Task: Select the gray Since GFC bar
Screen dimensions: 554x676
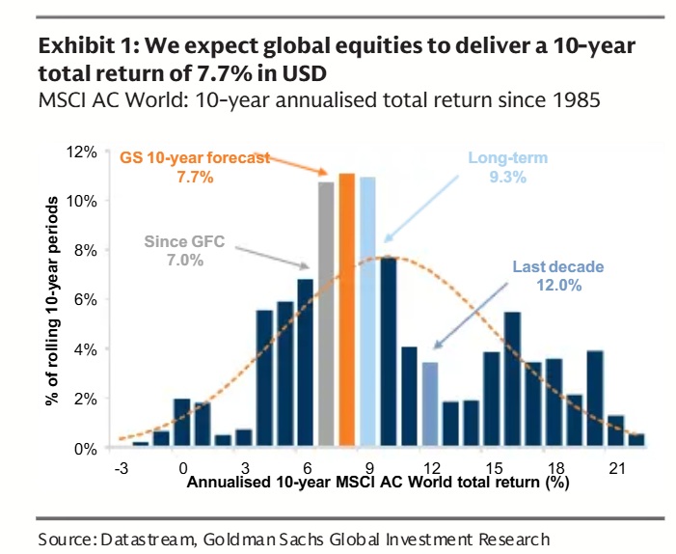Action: coord(326,315)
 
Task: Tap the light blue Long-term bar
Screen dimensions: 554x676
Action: coord(367,313)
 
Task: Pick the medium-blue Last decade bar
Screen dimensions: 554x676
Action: coord(429,405)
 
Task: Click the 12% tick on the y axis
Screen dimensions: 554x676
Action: coord(83,152)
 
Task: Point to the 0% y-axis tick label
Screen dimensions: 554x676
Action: coord(87,449)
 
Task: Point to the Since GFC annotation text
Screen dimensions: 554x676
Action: coord(179,242)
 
